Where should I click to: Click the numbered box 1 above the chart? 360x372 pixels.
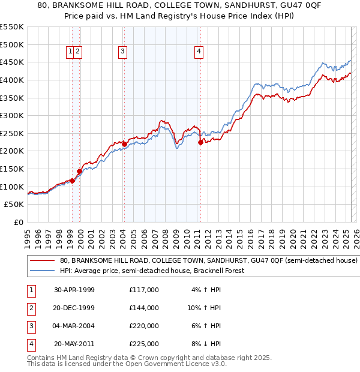click(71, 52)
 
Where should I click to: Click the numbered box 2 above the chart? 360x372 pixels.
click(79, 52)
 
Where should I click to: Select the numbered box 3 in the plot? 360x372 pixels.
click(122, 52)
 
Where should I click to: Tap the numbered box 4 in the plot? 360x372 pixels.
click(198, 52)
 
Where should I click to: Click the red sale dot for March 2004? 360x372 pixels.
click(124, 144)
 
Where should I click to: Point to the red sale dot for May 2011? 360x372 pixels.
click(200, 142)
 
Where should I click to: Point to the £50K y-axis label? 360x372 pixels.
click(15, 205)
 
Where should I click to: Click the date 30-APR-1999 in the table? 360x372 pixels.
click(74, 290)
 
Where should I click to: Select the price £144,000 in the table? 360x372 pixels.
click(144, 308)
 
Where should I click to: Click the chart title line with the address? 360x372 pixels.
click(179, 7)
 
